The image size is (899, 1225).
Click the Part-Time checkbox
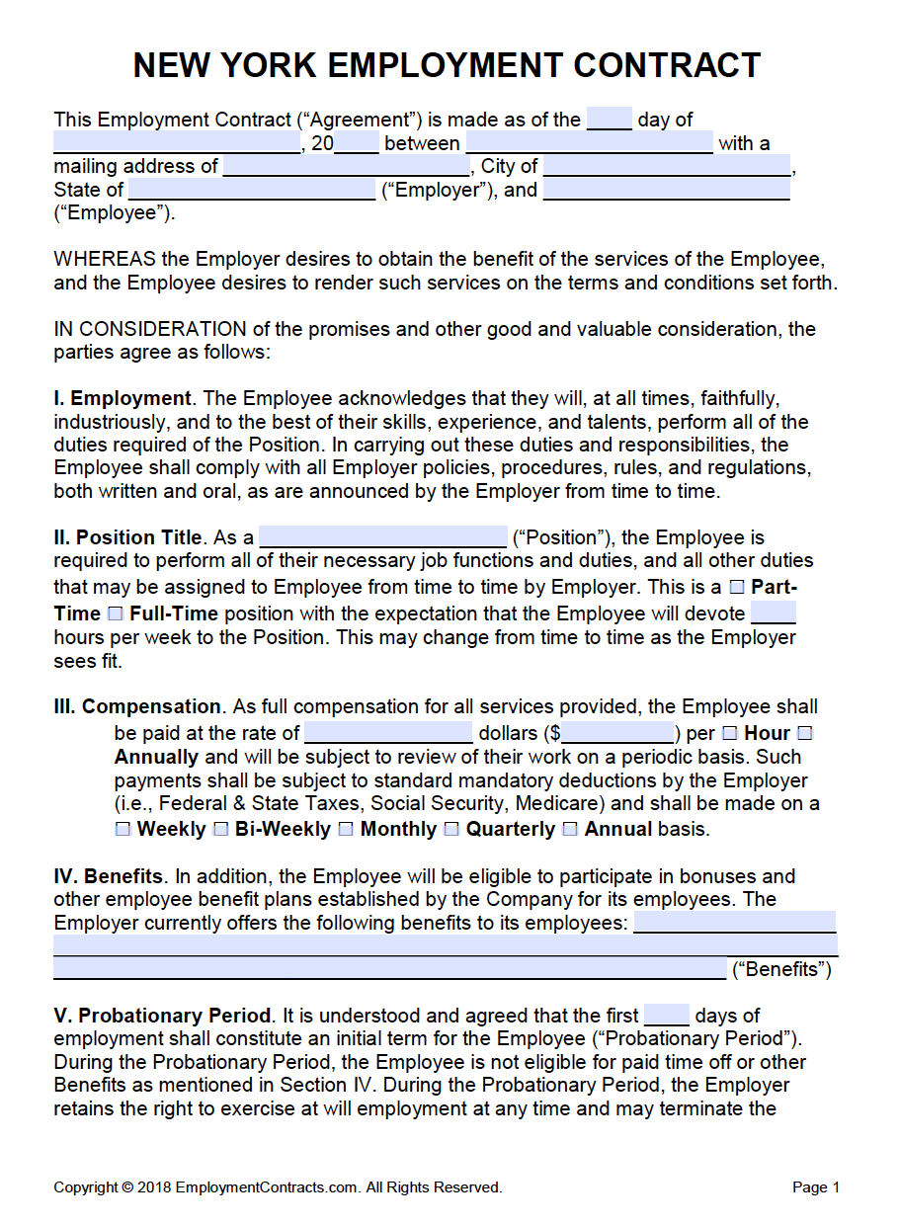click(x=738, y=587)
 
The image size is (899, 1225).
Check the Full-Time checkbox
click(x=116, y=613)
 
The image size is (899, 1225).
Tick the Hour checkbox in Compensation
click(x=730, y=734)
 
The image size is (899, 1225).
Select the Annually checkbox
click(x=805, y=734)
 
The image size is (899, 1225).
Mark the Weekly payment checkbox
click(x=123, y=830)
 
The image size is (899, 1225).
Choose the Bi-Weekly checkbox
click(x=221, y=830)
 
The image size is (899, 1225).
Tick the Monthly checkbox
click(x=346, y=830)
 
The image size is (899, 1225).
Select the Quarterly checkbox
click(x=451, y=830)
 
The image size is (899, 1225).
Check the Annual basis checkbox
click(x=570, y=830)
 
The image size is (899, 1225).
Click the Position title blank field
click(x=382, y=537)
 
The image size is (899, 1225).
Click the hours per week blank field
click(x=773, y=612)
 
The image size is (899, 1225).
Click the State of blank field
click(x=252, y=190)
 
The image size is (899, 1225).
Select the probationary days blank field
click(x=666, y=1016)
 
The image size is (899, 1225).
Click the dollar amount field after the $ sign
click(x=617, y=734)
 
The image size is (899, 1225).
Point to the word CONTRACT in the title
click(x=667, y=65)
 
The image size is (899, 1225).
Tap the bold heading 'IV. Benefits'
click(x=109, y=876)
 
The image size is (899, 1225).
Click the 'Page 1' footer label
click(x=815, y=1187)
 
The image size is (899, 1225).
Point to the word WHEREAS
click(x=105, y=260)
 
